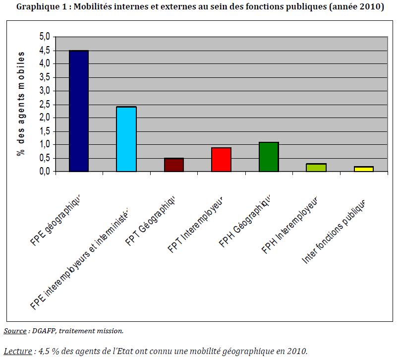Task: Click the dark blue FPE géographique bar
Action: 79,111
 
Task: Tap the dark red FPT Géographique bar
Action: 173,165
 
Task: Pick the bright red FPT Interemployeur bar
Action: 221,160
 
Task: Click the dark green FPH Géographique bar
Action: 269,157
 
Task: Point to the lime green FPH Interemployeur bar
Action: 316,168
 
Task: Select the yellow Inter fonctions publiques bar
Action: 364,169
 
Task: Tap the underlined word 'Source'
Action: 15,330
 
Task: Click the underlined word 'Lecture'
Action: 17,352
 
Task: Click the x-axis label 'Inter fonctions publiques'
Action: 334,232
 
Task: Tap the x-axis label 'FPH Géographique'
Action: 246,223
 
